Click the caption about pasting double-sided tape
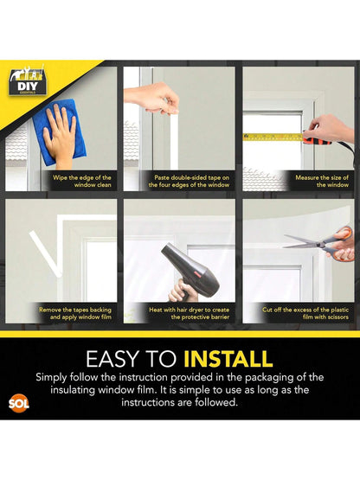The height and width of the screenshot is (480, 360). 180,181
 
